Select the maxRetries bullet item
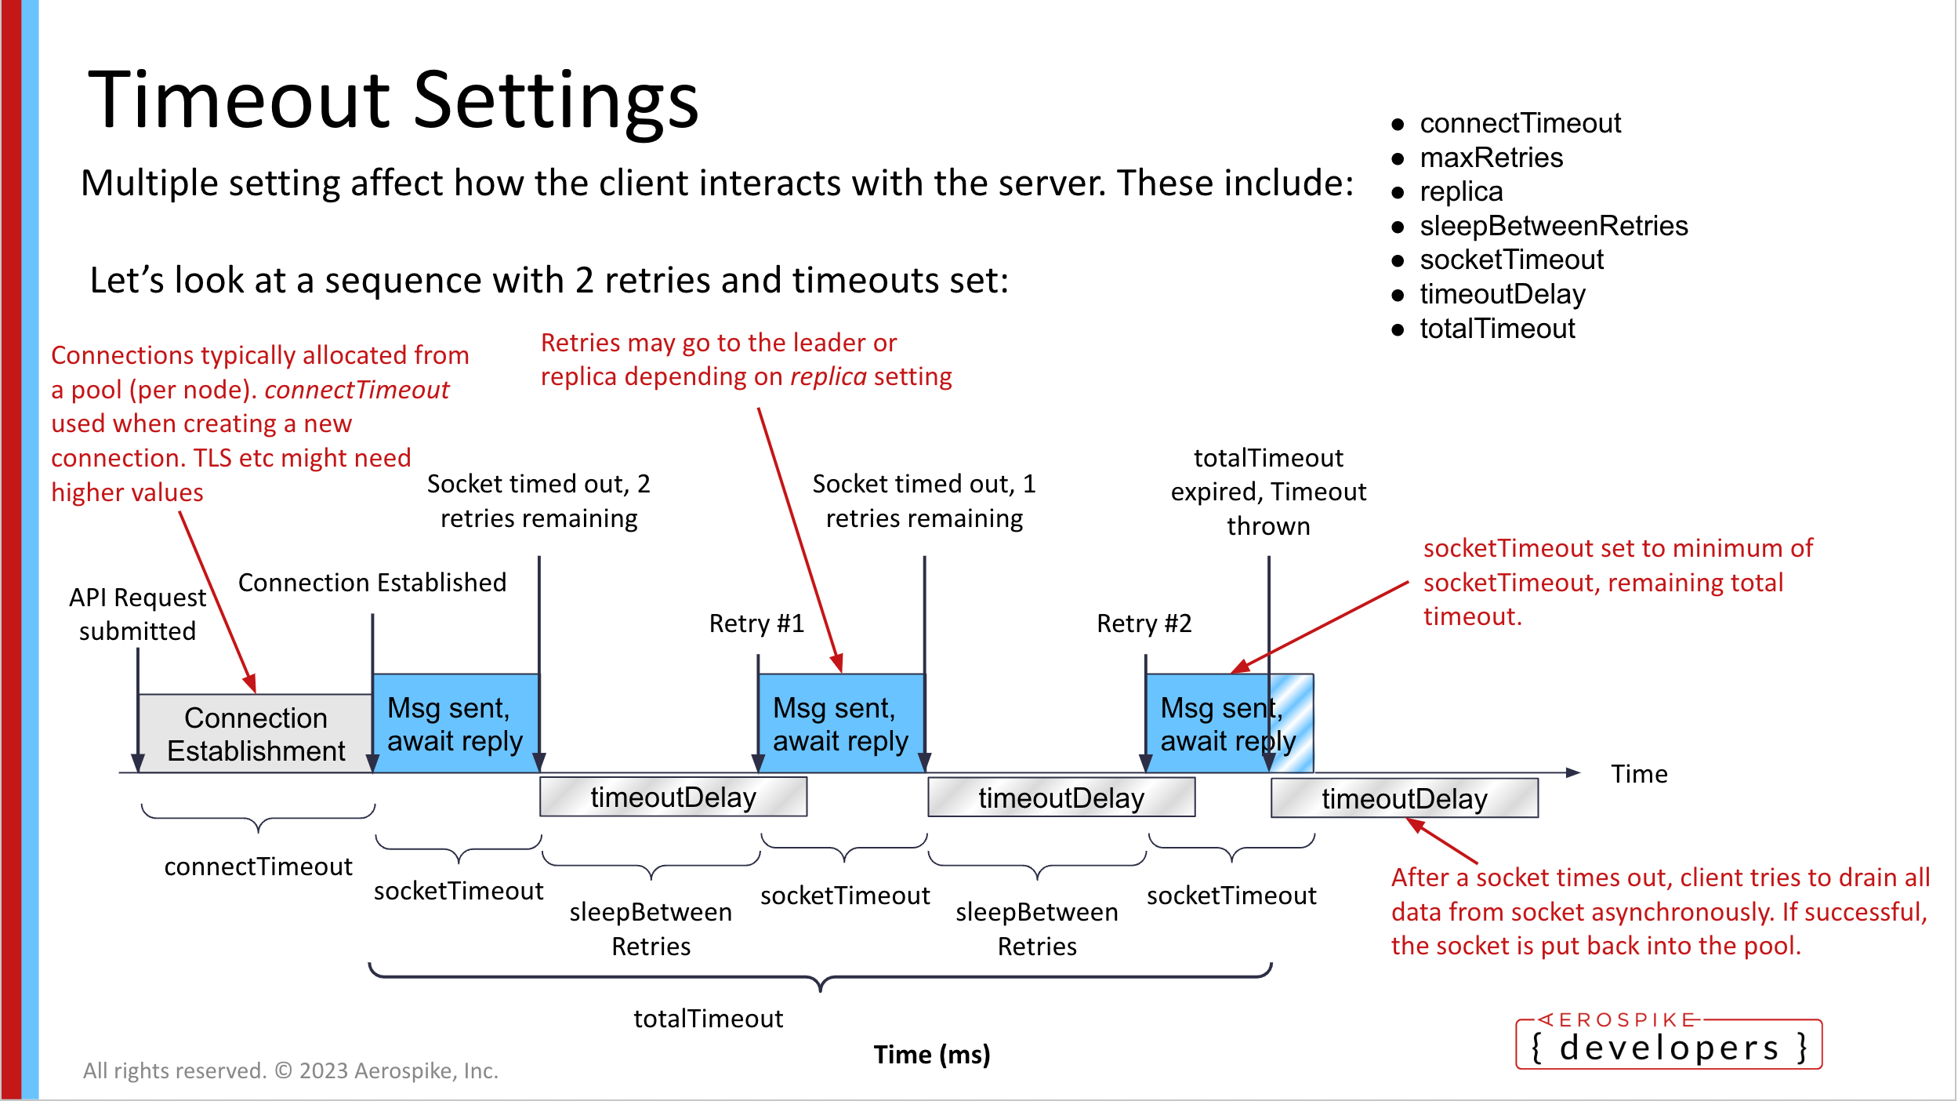(1491, 158)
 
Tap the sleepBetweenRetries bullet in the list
(1553, 226)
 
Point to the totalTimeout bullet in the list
(1496, 329)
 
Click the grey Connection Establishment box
(256, 734)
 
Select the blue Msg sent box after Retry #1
(841, 724)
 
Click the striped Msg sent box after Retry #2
(1229, 724)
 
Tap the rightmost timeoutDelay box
(1404, 798)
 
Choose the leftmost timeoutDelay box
(673, 798)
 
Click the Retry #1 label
(756, 623)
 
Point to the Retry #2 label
(1144, 623)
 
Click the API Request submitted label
(137, 614)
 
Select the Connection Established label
(372, 583)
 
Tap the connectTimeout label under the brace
(258, 867)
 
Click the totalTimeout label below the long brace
(708, 1019)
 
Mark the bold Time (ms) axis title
(932, 1055)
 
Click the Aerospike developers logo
(1669, 1043)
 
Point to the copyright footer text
(291, 1070)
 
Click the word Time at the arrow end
(1639, 774)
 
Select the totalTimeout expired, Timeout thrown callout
(1268, 492)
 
